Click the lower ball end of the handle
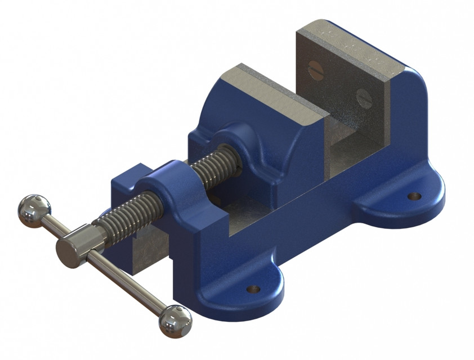175,321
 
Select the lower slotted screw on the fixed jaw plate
365,98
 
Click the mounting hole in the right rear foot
414,196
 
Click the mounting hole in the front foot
254,289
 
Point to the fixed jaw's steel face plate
343,84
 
